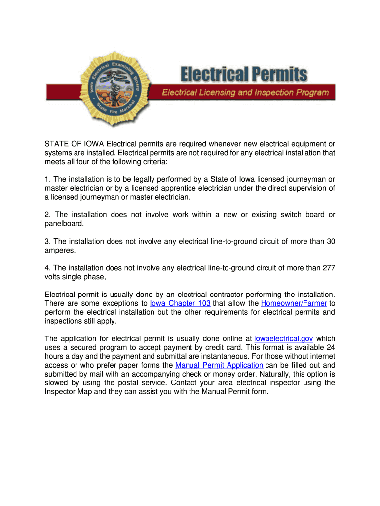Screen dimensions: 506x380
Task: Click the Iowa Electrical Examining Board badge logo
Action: click(109, 89)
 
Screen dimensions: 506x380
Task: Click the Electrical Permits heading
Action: click(243, 75)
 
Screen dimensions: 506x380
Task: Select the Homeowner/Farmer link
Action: click(294, 303)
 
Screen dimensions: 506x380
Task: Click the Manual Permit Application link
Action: click(219, 365)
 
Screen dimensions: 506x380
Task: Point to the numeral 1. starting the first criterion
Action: click(47, 179)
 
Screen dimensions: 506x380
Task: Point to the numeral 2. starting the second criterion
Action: click(47, 214)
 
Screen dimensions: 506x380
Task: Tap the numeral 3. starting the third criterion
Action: click(47, 241)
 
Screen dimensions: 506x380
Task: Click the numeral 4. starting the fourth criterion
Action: click(47, 268)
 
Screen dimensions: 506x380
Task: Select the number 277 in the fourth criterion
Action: click(329, 268)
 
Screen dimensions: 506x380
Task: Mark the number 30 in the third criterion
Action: click(331, 241)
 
